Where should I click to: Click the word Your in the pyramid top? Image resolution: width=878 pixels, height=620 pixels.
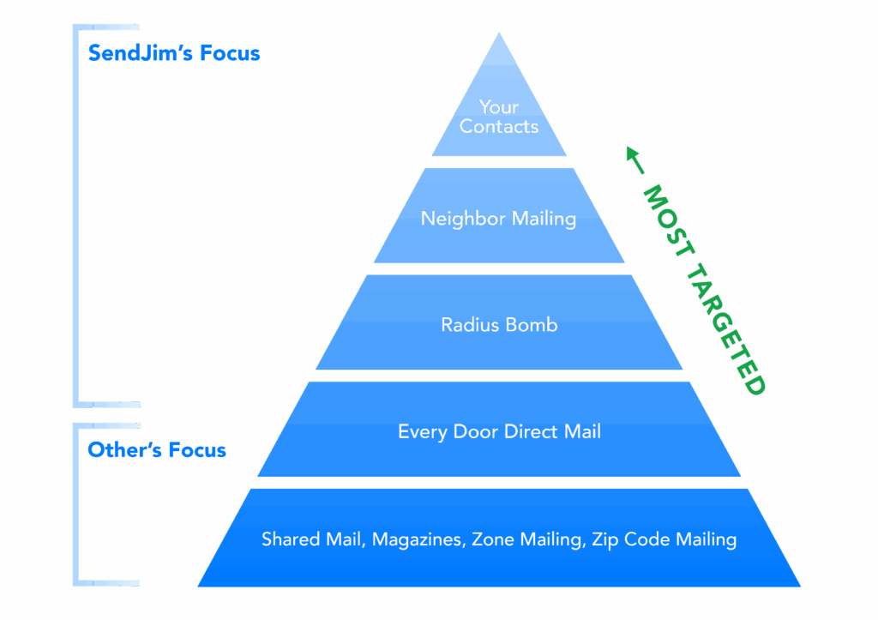(x=498, y=107)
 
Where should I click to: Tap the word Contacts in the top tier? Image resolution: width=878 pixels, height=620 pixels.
(x=498, y=127)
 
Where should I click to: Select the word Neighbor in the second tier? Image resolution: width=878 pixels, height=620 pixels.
(x=463, y=219)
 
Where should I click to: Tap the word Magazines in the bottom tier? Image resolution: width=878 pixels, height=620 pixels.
(x=419, y=539)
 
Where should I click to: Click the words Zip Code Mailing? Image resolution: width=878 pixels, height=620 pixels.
(x=664, y=539)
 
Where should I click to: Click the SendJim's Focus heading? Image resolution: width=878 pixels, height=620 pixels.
(x=174, y=53)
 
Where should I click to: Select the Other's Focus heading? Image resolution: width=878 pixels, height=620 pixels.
(x=157, y=450)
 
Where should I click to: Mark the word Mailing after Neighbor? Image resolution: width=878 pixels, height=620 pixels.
(x=544, y=219)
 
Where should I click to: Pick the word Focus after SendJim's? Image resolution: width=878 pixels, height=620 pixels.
(x=230, y=53)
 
